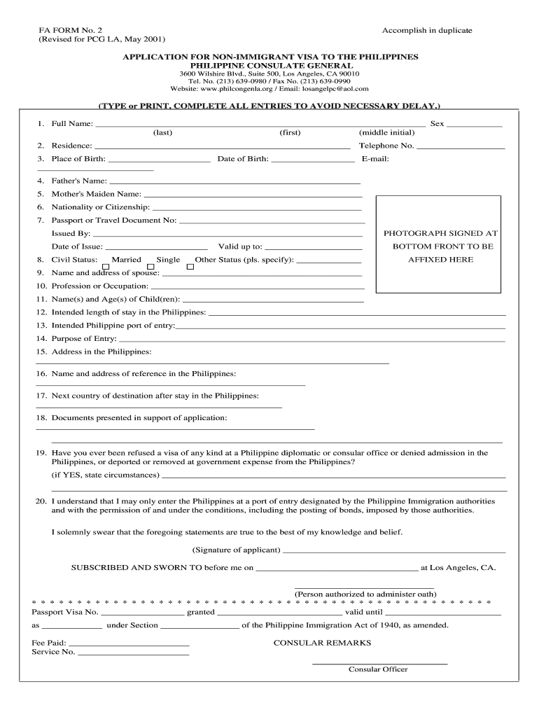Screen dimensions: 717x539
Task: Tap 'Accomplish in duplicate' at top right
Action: coord(427,30)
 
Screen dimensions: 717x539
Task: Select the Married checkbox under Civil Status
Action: coord(106,266)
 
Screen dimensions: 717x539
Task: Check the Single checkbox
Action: coord(150,266)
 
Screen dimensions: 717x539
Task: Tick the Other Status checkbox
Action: coord(190,266)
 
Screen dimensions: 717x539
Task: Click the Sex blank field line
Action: coord(475,124)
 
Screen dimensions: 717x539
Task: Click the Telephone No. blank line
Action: coord(461,146)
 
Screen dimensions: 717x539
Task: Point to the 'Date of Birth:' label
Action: coord(243,159)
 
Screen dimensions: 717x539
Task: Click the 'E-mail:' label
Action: coord(375,159)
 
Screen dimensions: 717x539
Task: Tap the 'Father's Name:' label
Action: coord(79,181)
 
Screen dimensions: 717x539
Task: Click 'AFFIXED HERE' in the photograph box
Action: coord(440,260)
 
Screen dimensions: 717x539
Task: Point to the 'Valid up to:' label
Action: coord(240,246)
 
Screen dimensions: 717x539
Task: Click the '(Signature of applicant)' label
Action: coord(236,550)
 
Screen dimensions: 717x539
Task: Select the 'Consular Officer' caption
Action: coord(378,669)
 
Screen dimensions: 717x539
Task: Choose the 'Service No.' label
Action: coord(53,653)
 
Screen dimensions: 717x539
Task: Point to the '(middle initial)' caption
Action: coord(386,132)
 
